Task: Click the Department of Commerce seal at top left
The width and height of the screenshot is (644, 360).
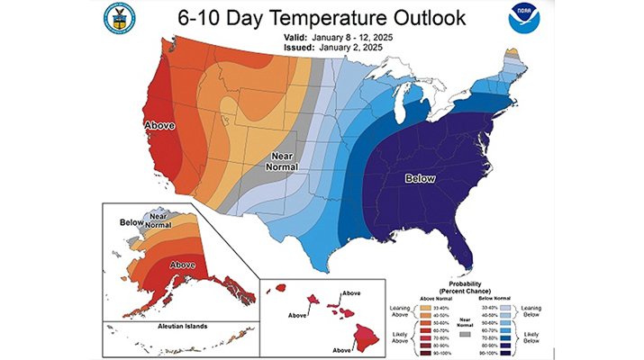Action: point(119,18)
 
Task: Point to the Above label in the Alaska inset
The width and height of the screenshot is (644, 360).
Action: point(183,265)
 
